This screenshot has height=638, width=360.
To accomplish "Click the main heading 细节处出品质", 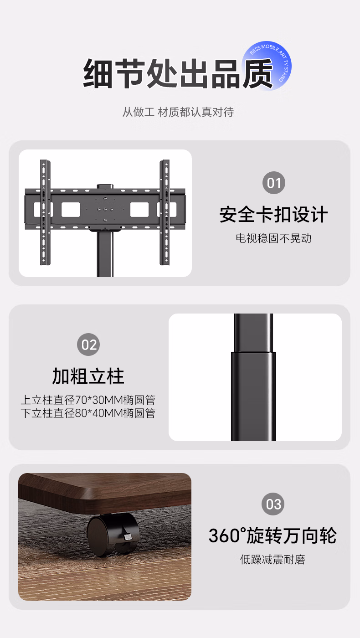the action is (178, 74).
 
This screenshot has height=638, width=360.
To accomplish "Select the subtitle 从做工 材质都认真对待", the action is (178, 112).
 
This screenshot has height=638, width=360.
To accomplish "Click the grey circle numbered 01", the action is (274, 183).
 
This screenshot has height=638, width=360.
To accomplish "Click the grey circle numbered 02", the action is (88, 345).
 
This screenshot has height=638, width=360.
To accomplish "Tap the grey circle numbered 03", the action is (273, 504).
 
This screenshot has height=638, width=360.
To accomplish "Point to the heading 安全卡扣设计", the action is (273, 215).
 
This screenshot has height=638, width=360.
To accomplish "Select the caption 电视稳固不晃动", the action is (273, 238).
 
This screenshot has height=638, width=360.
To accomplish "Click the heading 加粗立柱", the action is (88, 376).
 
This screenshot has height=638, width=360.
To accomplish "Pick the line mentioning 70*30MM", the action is (88, 400).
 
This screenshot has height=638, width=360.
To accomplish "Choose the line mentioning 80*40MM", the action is (88, 413).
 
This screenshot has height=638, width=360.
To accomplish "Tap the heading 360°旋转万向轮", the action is (273, 535).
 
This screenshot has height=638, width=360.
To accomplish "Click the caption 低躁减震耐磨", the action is (273, 560).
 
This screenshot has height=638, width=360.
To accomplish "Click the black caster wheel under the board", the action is (113, 535).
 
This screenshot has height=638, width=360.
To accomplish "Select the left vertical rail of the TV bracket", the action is (45, 212).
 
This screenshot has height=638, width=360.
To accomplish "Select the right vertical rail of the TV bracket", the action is (165, 212).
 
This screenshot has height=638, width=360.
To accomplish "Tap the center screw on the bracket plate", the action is (105, 210).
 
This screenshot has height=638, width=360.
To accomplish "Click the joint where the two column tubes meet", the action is (253, 353).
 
